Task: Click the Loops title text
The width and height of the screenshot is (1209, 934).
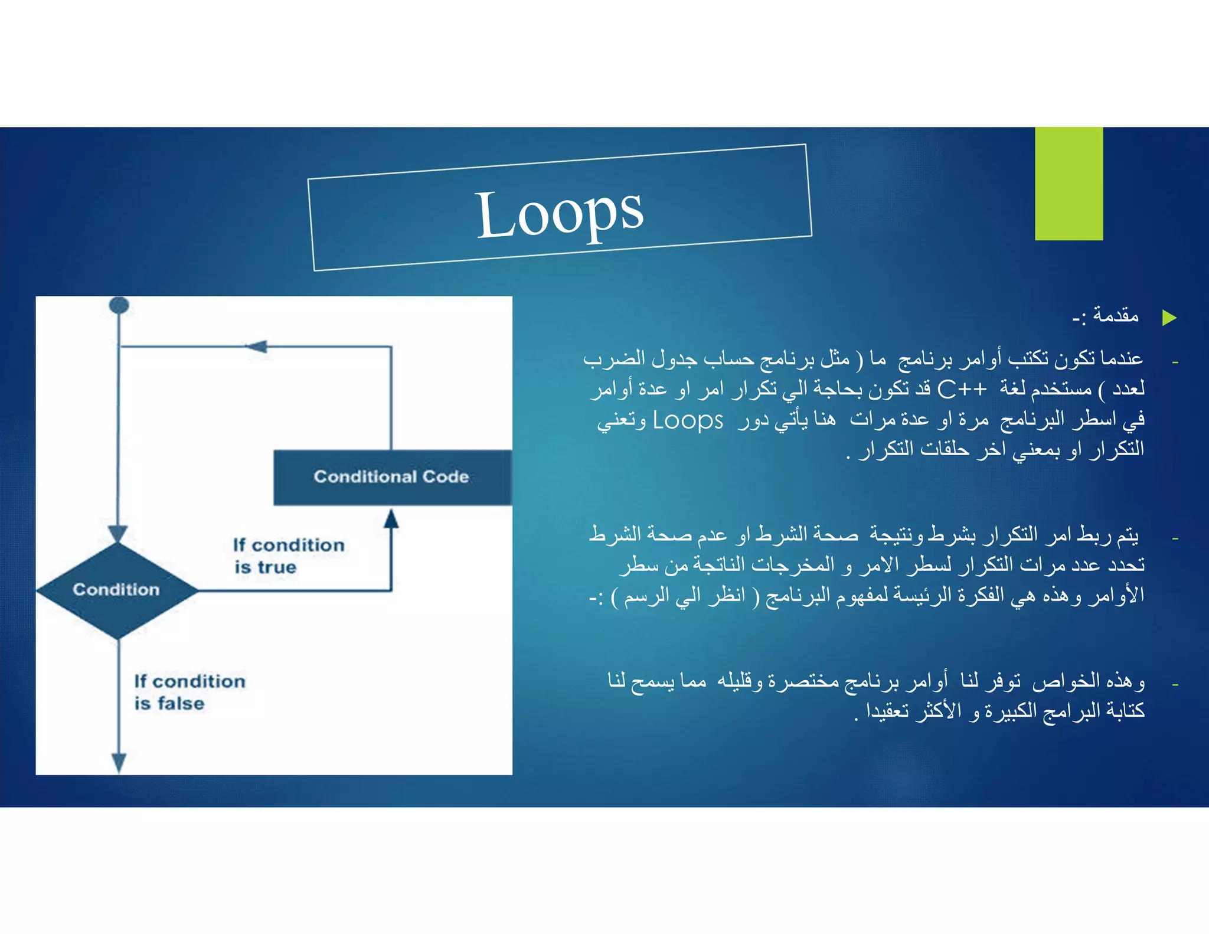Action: coord(560,214)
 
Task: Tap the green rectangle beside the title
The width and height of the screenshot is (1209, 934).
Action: coord(1069,184)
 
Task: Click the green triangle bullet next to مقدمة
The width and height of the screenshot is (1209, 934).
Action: coord(1169,318)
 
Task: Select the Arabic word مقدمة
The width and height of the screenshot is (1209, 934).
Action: coord(1116,316)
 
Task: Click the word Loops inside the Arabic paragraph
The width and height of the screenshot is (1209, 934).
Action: coord(688,420)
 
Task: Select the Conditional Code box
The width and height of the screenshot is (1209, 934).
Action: coord(392,477)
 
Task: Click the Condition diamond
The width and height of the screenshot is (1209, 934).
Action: coord(117,590)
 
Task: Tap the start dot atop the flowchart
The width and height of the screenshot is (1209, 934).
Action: coord(119,305)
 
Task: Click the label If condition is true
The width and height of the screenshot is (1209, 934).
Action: coord(288,556)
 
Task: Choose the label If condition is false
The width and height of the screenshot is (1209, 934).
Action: coord(189,692)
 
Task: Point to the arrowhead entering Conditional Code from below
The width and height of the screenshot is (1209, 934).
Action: coord(391,519)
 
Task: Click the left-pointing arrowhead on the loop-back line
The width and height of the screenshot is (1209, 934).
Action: coord(257,347)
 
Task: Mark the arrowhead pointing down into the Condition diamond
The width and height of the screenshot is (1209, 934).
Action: coord(118,533)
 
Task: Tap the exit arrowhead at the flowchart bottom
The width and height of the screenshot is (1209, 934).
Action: coord(119,762)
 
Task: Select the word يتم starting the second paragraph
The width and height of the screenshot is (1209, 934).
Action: coord(1128,535)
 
